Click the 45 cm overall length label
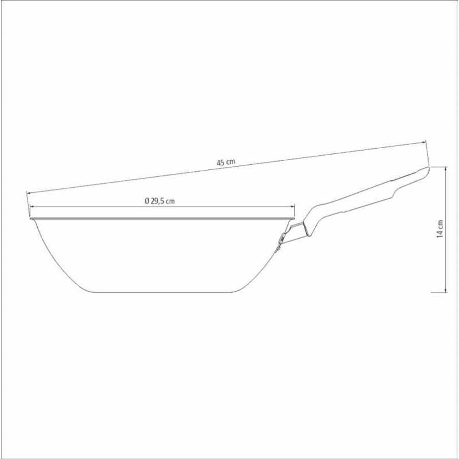click(x=226, y=162)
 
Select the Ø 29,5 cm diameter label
click(x=160, y=201)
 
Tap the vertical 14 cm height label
click(x=440, y=228)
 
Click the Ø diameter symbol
click(x=146, y=201)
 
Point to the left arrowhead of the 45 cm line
click(x=28, y=193)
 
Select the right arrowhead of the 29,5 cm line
click(x=295, y=207)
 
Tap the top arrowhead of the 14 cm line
click(x=446, y=169)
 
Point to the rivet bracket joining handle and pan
click(x=281, y=239)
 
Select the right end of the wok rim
click(x=295, y=218)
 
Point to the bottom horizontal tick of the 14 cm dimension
click(x=440, y=292)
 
